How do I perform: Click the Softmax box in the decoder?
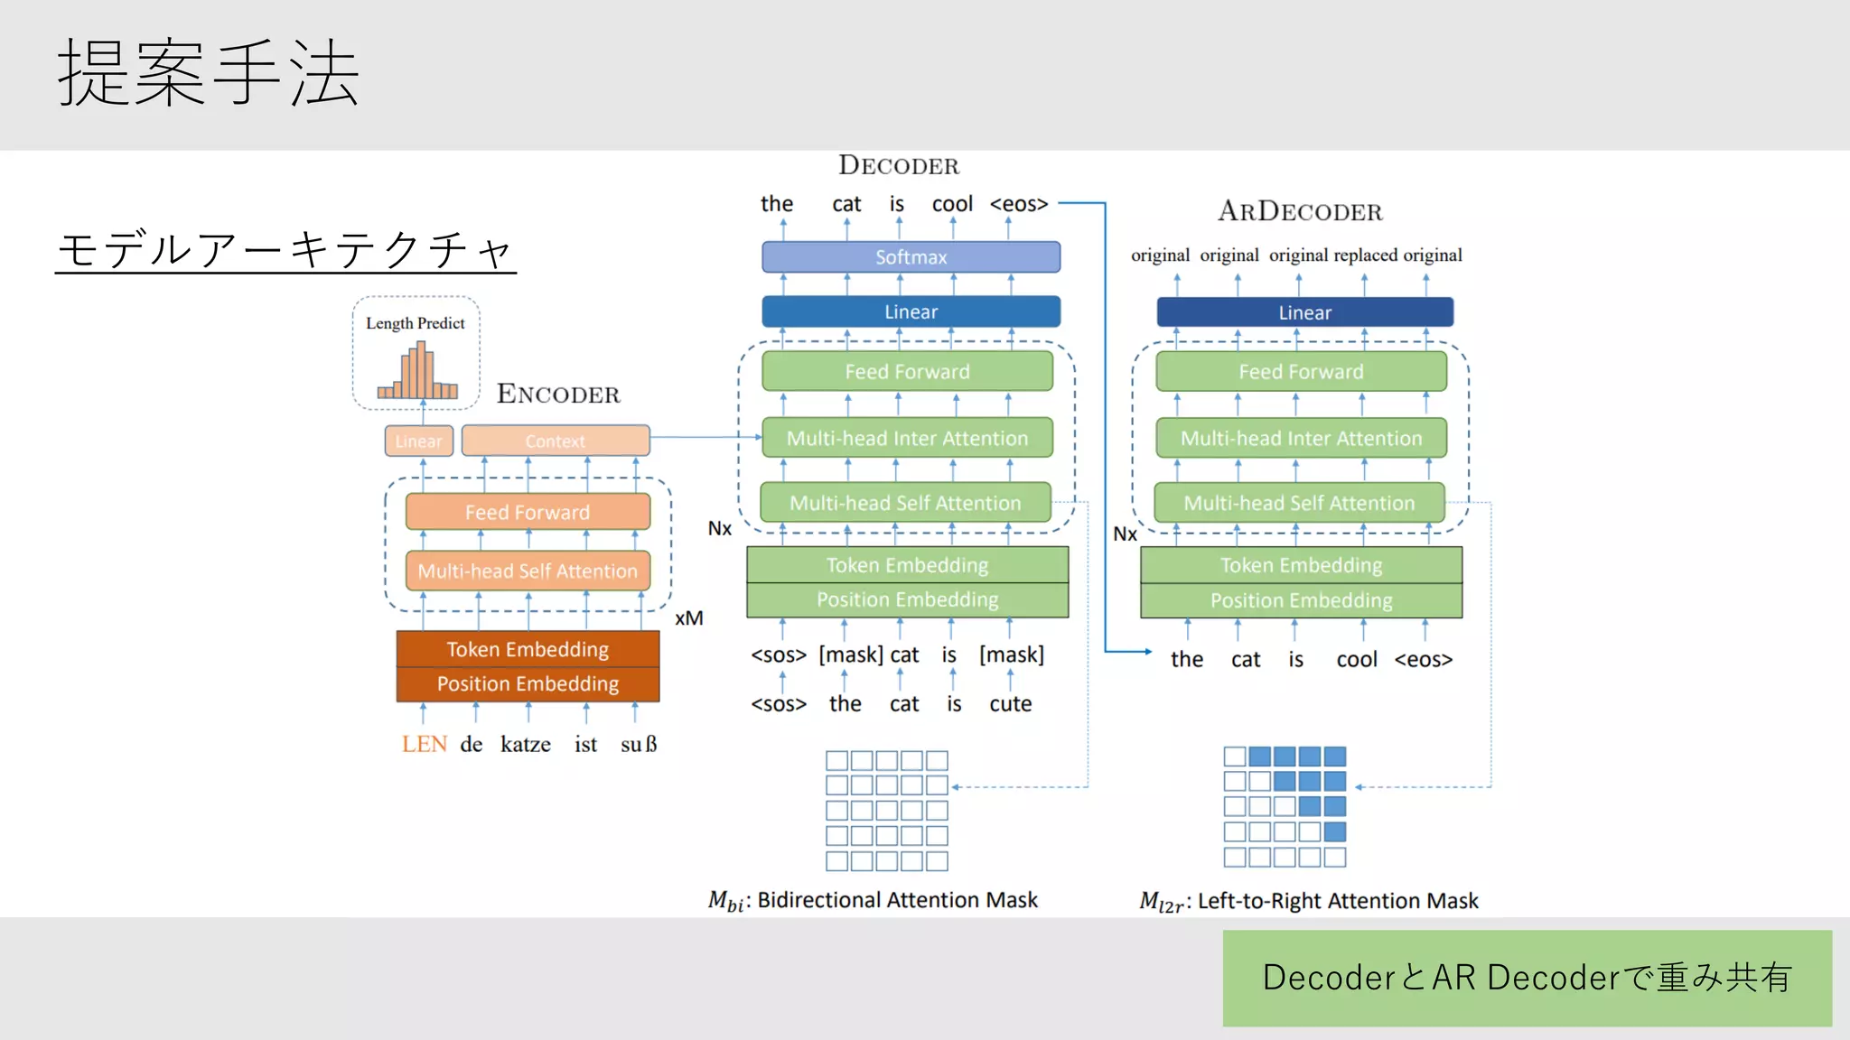tap(911, 257)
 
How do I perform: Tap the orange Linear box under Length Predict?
tap(419, 441)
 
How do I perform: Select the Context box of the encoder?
tap(556, 441)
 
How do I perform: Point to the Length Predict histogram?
tap(417, 372)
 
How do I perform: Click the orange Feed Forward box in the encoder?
tap(528, 512)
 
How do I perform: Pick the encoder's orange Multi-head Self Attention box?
tap(528, 571)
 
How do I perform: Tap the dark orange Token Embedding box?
tap(528, 649)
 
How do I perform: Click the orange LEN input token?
tap(424, 744)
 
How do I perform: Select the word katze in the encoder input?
tap(526, 744)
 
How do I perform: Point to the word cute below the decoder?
tap(1010, 704)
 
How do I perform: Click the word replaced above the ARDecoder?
tap(1365, 255)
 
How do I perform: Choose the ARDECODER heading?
tap(1300, 211)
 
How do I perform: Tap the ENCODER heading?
tap(558, 394)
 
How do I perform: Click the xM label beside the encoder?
tap(688, 618)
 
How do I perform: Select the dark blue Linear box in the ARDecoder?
tap(1304, 312)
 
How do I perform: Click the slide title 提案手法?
tap(209, 73)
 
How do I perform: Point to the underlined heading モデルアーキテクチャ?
tap(285, 249)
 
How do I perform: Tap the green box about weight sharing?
tap(1527, 978)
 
